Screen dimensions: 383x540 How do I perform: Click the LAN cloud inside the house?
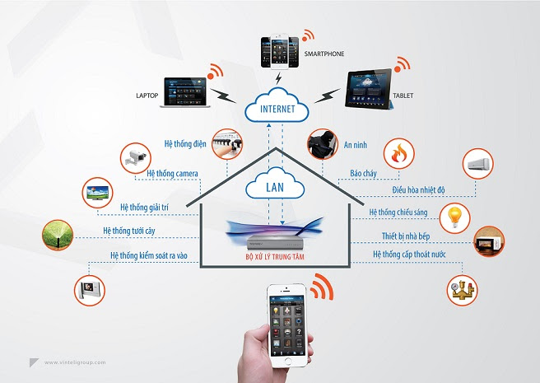pos(274,187)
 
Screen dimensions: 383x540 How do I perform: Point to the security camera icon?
pos(136,156)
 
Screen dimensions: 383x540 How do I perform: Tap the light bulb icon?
pos(452,217)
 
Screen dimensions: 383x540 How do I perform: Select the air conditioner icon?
pos(479,162)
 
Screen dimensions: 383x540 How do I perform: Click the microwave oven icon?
pos(488,244)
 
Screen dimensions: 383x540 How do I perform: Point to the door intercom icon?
pos(90,288)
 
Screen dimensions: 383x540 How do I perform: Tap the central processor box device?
pos(272,241)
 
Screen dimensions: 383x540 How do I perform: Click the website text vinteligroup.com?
pos(77,361)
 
